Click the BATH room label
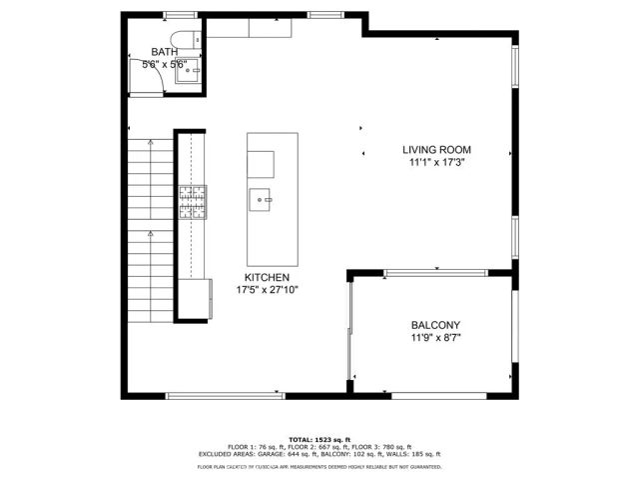[164, 51]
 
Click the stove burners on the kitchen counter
[192, 202]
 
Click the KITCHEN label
[267, 277]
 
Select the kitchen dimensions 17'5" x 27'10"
[267, 290]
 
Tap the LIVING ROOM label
[435, 149]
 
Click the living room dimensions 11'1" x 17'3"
[435, 162]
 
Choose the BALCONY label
[435, 325]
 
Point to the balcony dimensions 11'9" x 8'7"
[435, 338]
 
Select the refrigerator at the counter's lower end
[197, 299]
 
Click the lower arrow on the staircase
[150, 232]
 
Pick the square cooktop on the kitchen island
[262, 162]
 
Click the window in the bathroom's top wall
[179, 14]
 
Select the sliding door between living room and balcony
[436, 271]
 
